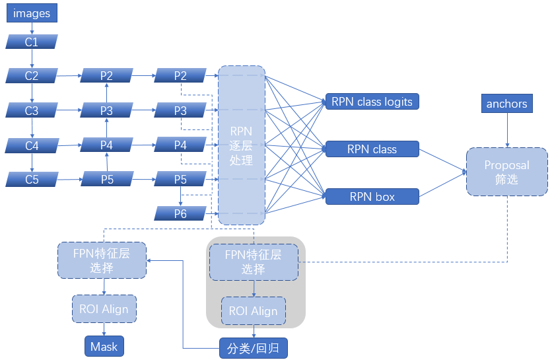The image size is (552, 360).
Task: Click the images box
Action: pos(32,13)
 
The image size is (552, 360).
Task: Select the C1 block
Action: pos(32,42)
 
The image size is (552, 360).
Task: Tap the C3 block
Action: pos(32,110)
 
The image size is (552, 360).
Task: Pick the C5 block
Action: pos(32,178)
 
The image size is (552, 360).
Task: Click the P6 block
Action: pos(180,213)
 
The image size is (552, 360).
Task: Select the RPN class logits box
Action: pos(372,102)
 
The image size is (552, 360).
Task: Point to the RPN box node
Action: pos(372,196)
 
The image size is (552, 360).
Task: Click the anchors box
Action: pos(506,104)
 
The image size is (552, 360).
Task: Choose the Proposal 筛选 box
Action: pos(506,172)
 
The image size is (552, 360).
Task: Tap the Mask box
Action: pos(104,346)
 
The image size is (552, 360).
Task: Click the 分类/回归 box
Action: pos(254,348)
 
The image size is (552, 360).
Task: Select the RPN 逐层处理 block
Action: pos(242,145)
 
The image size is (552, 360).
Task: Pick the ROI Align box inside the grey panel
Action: pos(254,311)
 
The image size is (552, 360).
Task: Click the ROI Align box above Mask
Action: pos(104,309)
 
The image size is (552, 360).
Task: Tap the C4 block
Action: pos(32,145)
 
